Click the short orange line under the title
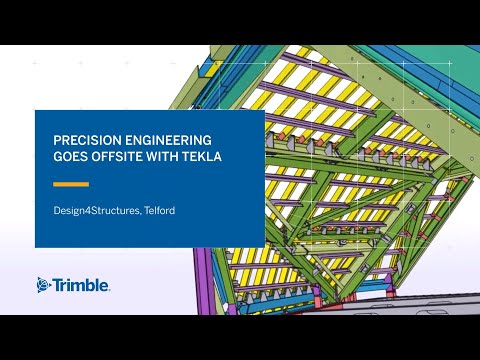(x=71, y=185)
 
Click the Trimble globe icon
(x=44, y=284)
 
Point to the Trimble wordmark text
(x=81, y=284)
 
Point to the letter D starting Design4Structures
(x=57, y=211)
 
